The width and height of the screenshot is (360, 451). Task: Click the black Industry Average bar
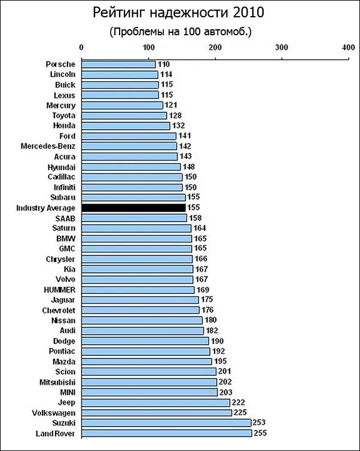click(x=133, y=207)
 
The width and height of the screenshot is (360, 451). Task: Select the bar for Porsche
click(x=118, y=64)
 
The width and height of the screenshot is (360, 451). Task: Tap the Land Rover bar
click(x=166, y=432)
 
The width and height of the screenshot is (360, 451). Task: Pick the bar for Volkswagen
click(x=156, y=412)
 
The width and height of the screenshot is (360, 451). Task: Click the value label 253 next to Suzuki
click(x=261, y=422)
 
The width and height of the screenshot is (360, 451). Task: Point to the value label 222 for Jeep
click(x=240, y=402)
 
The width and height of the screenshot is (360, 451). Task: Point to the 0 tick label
click(x=81, y=47)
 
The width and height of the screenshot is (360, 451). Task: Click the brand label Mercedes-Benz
click(x=48, y=146)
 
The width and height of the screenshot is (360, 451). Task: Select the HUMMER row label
click(x=59, y=289)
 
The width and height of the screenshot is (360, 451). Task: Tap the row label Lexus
click(x=64, y=94)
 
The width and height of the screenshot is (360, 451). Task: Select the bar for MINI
click(x=149, y=392)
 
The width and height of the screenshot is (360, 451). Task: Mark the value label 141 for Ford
click(x=185, y=136)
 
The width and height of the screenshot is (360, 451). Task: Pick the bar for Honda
click(x=126, y=125)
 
